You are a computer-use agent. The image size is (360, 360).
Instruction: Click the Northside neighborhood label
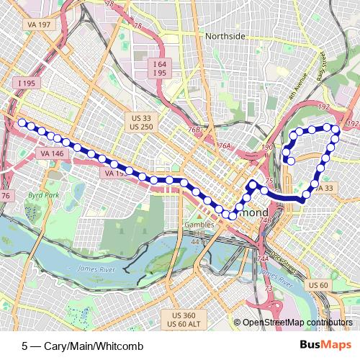tap(225, 36)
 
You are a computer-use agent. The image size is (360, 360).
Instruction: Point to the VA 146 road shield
tap(51, 153)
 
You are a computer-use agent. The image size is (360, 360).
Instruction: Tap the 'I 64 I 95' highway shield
tap(160, 69)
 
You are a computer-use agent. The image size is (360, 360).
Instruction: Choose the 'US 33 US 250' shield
tap(143, 122)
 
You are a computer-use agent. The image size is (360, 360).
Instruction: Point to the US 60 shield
tap(318, 286)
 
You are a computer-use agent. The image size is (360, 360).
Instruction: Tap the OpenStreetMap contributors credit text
tap(297, 323)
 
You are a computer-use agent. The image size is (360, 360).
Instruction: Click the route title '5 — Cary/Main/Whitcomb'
tap(82, 346)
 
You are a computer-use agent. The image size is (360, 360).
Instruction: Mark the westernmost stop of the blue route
tap(22, 123)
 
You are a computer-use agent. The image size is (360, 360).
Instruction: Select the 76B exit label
tap(194, 130)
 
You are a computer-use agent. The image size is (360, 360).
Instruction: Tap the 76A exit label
tap(225, 146)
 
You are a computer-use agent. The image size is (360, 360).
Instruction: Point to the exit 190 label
tap(268, 148)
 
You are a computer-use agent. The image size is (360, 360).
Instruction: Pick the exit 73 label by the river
tap(269, 288)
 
